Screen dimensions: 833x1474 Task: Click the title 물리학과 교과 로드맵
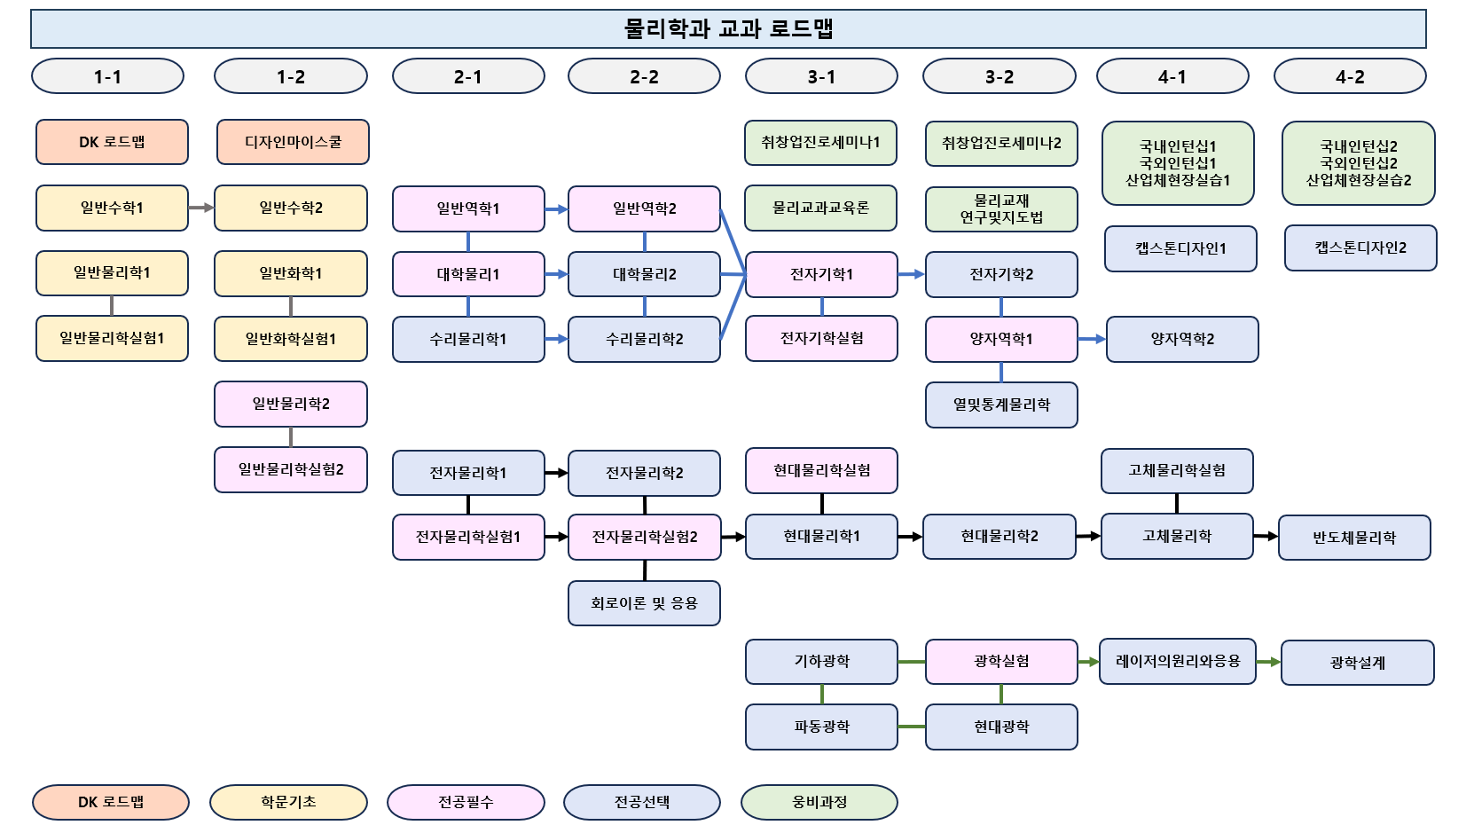[x=728, y=28]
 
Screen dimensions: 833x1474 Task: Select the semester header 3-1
[x=821, y=76]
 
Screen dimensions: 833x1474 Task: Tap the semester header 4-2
[x=1350, y=76]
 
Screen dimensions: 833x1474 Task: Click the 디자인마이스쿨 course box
[x=293, y=142]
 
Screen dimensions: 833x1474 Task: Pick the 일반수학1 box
[x=112, y=208]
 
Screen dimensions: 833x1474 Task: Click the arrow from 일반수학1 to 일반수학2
[x=201, y=208]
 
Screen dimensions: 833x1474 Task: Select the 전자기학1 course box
[x=821, y=274]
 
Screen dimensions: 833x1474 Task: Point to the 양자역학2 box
[x=1182, y=339]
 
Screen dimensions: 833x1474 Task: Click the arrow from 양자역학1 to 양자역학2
[x=1092, y=339]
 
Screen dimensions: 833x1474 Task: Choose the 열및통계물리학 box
[x=1001, y=405]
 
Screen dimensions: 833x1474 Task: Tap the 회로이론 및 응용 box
[x=644, y=603]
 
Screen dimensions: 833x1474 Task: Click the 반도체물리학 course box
[x=1354, y=538]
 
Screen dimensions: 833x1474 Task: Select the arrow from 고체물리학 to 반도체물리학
[x=1266, y=536]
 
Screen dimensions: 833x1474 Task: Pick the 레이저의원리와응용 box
[x=1178, y=661]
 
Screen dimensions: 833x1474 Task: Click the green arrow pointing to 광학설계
[x=1268, y=662]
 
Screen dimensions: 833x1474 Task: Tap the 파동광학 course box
[x=821, y=727]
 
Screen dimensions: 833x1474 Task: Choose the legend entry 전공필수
[x=466, y=802]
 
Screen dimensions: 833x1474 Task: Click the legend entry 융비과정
[x=819, y=802]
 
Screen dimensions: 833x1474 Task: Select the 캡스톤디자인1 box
[x=1180, y=248]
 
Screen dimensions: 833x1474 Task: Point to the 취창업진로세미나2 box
[x=1001, y=144]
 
